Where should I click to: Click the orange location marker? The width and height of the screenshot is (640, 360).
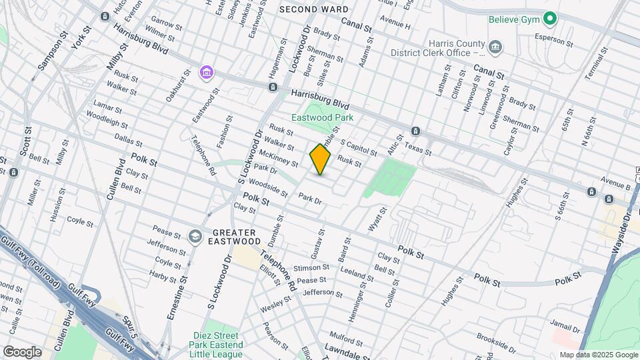point(320,159)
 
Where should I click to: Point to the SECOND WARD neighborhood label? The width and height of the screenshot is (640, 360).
point(313,9)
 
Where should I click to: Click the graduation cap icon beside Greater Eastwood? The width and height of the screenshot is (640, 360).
point(195,236)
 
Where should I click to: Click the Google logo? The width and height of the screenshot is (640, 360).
point(22,351)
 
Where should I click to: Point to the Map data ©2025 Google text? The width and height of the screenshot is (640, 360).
point(598,355)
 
